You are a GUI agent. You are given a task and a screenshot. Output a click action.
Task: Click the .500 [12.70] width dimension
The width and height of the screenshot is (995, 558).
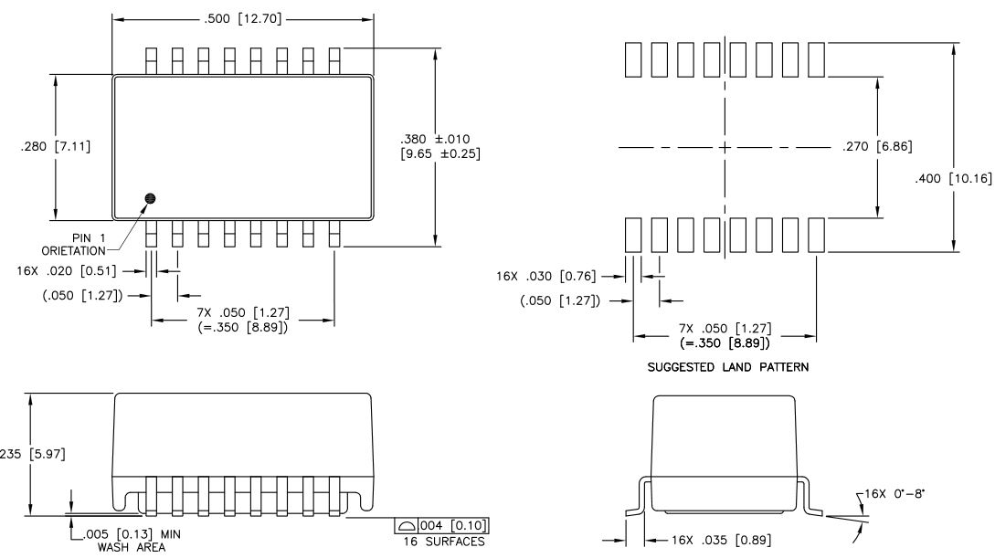(242, 20)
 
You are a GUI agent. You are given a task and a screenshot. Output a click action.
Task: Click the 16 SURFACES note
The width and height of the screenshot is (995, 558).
(442, 542)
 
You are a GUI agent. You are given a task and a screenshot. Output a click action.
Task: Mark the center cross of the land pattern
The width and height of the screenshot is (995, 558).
(725, 147)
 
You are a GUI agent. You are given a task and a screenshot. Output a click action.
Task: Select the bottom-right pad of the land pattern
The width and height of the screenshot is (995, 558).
(817, 235)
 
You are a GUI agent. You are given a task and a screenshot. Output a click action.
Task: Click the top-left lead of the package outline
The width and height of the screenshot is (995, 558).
(152, 60)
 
